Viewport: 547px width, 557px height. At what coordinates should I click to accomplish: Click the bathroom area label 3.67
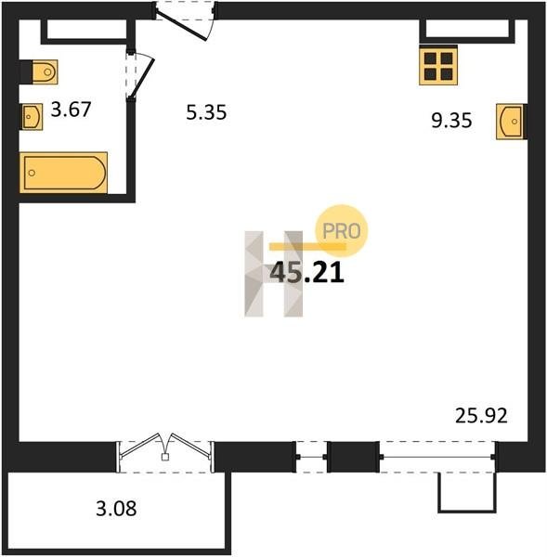click(72, 109)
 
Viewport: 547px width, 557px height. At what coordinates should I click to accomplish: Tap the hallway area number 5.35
click(206, 112)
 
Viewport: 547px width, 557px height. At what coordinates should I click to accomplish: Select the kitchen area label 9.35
click(451, 120)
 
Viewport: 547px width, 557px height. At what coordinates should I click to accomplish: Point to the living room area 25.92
click(481, 416)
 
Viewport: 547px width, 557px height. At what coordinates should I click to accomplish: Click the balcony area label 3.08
click(116, 509)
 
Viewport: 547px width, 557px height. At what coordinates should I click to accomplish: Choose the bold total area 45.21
click(307, 273)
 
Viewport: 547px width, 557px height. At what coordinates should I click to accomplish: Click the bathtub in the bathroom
click(64, 173)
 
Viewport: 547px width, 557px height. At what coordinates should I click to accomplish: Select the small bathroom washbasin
click(32, 117)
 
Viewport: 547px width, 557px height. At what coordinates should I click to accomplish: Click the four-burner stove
click(438, 66)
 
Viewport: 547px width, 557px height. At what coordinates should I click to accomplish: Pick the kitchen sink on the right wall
click(511, 122)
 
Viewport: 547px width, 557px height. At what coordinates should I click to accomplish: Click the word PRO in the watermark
click(341, 231)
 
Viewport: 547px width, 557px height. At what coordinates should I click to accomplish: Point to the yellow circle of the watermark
click(342, 230)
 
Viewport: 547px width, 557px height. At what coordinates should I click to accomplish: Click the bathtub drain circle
click(32, 173)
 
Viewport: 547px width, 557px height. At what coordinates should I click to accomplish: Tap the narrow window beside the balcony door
click(311, 457)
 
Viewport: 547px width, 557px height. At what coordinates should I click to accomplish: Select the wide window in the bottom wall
click(437, 457)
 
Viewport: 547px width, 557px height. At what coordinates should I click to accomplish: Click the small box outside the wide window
click(467, 493)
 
